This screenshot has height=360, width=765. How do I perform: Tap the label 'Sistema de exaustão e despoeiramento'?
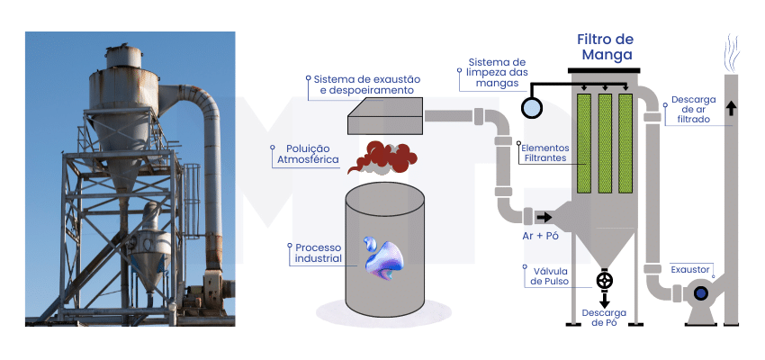[x=367, y=85]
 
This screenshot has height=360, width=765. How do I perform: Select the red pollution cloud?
[x=382, y=157]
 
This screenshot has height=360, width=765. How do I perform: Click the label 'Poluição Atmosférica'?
[x=308, y=154]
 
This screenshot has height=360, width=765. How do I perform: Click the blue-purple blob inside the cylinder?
[x=383, y=258]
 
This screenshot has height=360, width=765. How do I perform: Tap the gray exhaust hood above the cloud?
[x=385, y=115]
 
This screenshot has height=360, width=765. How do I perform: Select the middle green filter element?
[x=605, y=143]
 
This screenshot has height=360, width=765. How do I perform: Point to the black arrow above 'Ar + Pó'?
[x=544, y=217]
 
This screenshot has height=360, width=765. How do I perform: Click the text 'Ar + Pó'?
[x=541, y=236]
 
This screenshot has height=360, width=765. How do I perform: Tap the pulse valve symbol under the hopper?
[x=605, y=281]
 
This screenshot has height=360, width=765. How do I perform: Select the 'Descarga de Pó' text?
[x=604, y=318]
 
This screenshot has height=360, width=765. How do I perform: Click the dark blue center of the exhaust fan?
[x=701, y=292]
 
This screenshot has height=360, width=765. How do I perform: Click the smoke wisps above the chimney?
[x=732, y=53]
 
